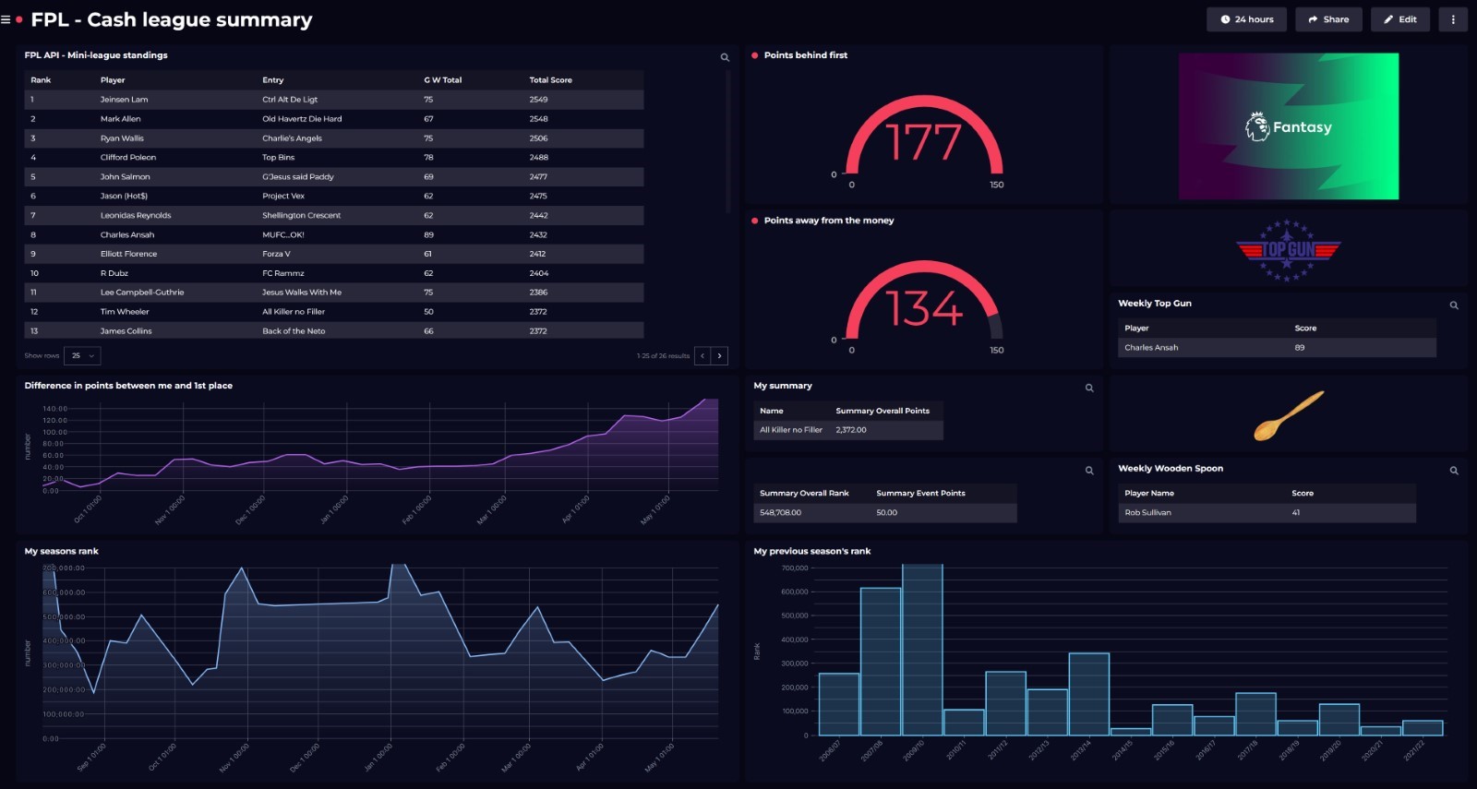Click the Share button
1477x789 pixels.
(x=1328, y=19)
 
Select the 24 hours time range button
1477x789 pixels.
(x=1246, y=19)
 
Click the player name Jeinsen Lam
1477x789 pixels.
(x=124, y=100)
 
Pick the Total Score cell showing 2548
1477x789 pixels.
(x=538, y=119)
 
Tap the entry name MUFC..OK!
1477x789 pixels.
(x=282, y=234)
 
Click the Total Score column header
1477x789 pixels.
(x=550, y=80)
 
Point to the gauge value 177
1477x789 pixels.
(x=923, y=143)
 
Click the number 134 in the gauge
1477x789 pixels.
(x=923, y=308)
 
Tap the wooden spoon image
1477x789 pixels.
(x=1289, y=415)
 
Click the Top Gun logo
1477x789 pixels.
(x=1289, y=249)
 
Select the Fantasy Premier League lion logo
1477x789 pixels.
(x=1257, y=126)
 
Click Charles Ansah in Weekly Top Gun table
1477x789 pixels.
(x=1151, y=348)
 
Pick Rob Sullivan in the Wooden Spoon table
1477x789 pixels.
(x=1147, y=513)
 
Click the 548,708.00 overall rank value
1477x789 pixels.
(x=780, y=513)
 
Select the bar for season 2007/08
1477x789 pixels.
(x=880, y=661)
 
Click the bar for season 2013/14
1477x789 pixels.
(x=1088, y=694)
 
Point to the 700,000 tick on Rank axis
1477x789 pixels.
(x=794, y=568)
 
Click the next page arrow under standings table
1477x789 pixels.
(x=720, y=355)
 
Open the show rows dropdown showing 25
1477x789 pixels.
(x=83, y=355)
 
